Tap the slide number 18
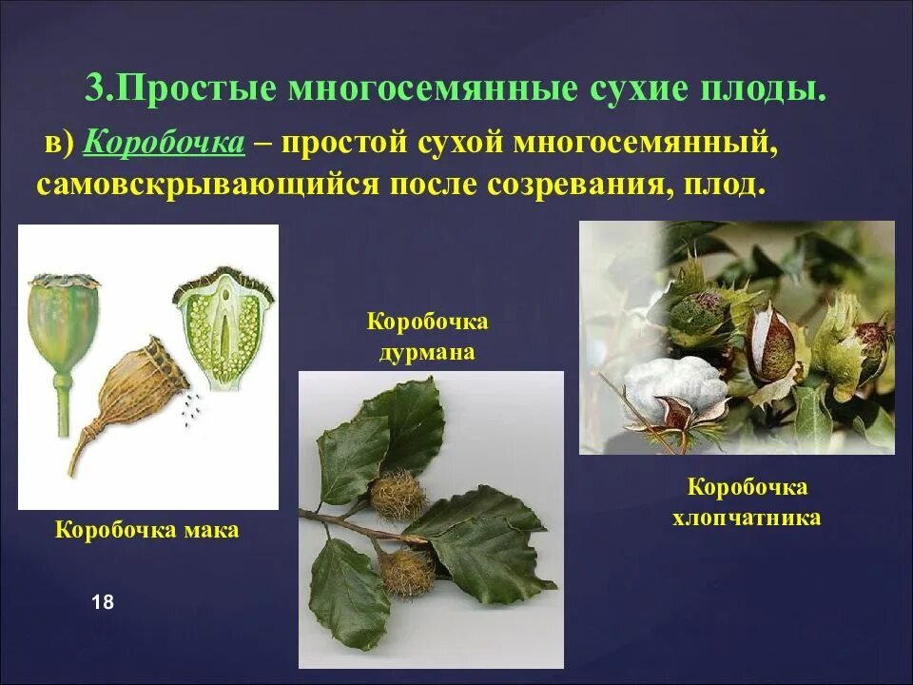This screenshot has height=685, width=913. [x=103, y=602]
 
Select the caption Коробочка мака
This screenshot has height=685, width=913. [x=147, y=530]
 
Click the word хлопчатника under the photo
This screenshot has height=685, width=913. [x=747, y=519]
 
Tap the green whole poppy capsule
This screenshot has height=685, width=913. [x=64, y=323]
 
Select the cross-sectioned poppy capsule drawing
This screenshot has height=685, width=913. [x=223, y=328]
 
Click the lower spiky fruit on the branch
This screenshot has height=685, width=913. [x=407, y=571]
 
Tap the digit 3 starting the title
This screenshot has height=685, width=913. [x=93, y=89]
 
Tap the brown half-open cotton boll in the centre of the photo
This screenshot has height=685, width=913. [x=771, y=347]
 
